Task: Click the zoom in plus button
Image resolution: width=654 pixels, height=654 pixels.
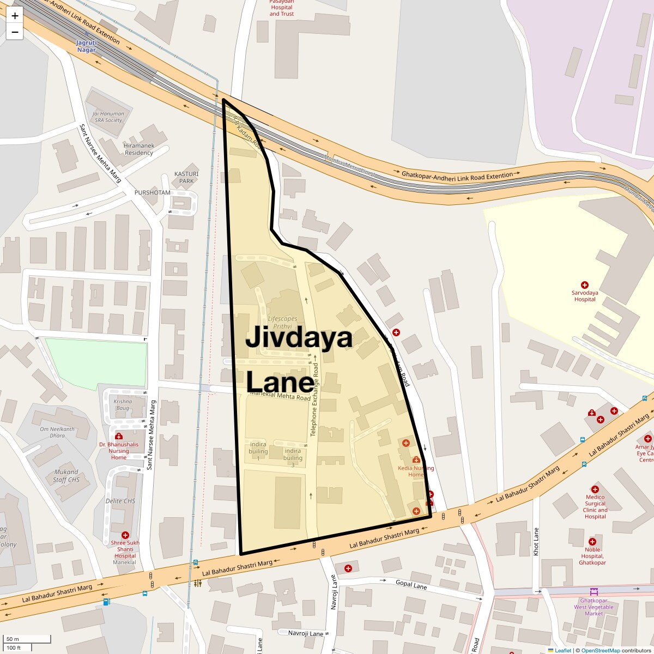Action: pyautogui.click(x=15, y=16)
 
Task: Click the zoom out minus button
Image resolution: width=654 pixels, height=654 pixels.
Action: pyautogui.click(x=15, y=32)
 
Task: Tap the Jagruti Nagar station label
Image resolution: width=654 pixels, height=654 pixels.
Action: pyautogui.click(x=86, y=46)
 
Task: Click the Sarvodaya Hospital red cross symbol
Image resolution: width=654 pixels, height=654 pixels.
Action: pyautogui.click(x=585, y=285)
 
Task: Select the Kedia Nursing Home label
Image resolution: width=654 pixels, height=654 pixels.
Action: pyautogui.click(x=416, y=471)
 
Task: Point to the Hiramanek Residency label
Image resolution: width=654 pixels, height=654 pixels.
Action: pyautogui.click(x=138, y=149)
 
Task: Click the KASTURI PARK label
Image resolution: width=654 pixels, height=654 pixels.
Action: pyautogui.click(x=186, y=177)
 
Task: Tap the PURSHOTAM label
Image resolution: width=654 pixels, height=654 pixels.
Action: pyautogui.click(x=153, y=193)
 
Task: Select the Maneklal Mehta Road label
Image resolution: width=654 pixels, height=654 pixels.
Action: pyautogui.click(x=280, y=395)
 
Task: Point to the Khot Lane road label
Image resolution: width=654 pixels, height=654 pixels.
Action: pyautogui.click(x=536, y=542)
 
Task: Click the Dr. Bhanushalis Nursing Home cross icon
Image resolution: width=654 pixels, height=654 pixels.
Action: pyautogui.click(x=119, y=437)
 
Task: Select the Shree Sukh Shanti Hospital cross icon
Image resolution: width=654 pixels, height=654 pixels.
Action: pyautogui.click(x=125, y=535)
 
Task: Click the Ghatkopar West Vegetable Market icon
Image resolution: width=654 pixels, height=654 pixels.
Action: pyautogui.click(x=594, y=591)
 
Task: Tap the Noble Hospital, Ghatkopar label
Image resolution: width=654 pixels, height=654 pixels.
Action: pyautogui.click(x=592, y=556)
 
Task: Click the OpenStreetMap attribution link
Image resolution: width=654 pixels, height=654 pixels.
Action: pyautogui.click(x=600, y=650)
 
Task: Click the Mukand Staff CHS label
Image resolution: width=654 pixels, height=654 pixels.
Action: pyautogui.click(x=66, y=476)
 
